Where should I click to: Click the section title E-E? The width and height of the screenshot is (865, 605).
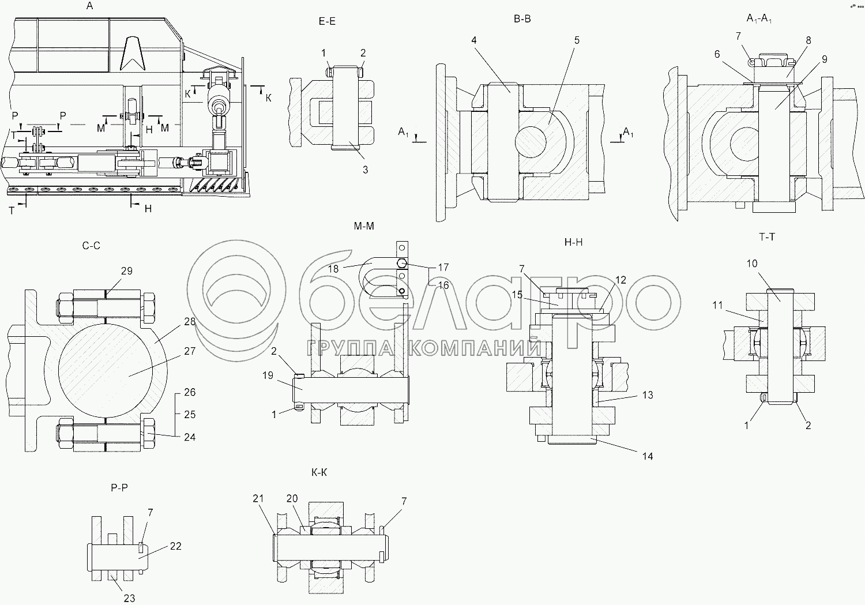point(327,21)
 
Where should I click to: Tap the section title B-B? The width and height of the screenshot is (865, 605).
point(522,19)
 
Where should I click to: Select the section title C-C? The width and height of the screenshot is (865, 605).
point(91,246)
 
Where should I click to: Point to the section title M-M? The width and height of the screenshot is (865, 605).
point(364,226)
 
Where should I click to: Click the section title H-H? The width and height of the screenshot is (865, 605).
point(573,242)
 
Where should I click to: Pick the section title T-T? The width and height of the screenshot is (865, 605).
point(767,237)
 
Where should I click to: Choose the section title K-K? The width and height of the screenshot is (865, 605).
point(319,472)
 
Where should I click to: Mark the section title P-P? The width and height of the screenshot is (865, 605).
point(119,488)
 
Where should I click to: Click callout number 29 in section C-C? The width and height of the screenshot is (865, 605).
point(127,271)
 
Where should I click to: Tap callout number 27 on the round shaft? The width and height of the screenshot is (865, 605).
point(190,351)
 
